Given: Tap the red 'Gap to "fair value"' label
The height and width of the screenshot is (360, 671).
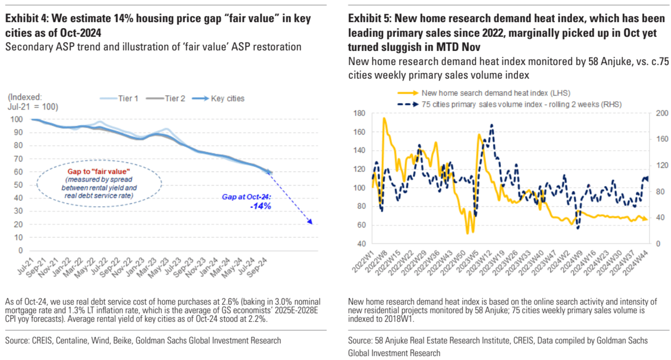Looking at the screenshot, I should pyautogui.click(x=98, y=171).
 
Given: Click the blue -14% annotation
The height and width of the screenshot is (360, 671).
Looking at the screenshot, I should pyautogui.click(x=260, y=206).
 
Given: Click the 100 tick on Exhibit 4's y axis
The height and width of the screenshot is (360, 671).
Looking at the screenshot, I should pyautogui.click(x=17, y=119).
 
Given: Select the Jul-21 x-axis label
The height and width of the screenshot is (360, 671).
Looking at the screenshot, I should pyautogui.click(x=26, y=266).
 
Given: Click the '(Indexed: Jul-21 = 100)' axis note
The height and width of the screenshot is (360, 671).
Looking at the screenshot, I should pyautogui.click(x=33, y=102).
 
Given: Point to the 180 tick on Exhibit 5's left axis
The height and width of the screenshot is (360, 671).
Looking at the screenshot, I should pyautogui.click(x=359, y=113).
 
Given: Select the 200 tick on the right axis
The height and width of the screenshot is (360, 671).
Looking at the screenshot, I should pyautogui.click(x=662, y=113).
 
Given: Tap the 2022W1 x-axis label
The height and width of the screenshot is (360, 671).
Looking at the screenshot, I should pyautogui.click(x=363, y=262).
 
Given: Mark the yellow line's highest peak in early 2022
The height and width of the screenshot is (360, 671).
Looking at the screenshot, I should pyautogui.click(x=384, y=118).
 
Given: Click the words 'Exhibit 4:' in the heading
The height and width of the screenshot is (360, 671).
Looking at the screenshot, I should pyautogui.click(x=26, y=18).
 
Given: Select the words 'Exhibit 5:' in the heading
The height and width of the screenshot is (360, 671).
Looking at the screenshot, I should pyautogui.click(x=369, y=18).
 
